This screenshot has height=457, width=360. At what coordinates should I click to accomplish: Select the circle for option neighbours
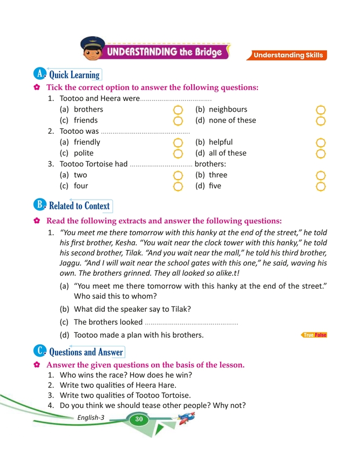[321, 110]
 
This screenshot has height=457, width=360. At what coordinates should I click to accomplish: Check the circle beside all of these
[321, 154]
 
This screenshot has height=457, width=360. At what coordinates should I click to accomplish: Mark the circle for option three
[321, 175]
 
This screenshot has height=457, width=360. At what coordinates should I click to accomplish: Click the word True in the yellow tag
[309, 336]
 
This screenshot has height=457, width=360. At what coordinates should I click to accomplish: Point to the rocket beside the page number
[186, 417]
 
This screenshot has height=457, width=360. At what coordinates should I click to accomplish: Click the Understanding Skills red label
[289, 55]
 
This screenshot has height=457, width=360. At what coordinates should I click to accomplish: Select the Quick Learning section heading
[74, 75]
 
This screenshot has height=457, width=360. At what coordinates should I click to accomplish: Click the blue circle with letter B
[39, 205]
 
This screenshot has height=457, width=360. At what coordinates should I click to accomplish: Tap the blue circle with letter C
[39, 351]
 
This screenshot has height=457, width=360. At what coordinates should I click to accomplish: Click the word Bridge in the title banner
[206, 52]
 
